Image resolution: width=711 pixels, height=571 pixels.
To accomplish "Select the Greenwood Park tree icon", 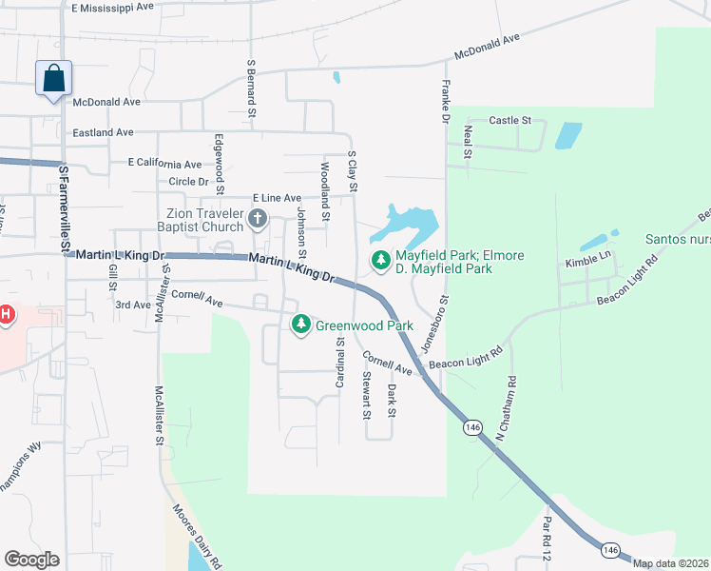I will click(x=301, y=325).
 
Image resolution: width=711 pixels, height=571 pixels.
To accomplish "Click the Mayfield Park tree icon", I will click(x=381, y=259).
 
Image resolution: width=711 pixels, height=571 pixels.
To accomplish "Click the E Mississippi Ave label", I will click(x=112, y=7).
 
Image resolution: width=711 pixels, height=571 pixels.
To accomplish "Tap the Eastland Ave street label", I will click(x=104, y=132).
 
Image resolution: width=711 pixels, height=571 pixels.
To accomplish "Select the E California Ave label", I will click(x=165, y=164).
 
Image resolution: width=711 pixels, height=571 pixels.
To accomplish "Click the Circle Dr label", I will click(x=187, y=181).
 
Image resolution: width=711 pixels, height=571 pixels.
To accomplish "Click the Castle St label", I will click(x=509, y=121).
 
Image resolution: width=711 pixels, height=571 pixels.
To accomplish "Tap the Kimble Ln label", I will click(x=585, y=262).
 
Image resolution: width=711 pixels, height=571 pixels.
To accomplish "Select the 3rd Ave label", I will click(x=132, y=305).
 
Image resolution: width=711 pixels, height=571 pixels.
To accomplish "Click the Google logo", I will click(x=31, y=560).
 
